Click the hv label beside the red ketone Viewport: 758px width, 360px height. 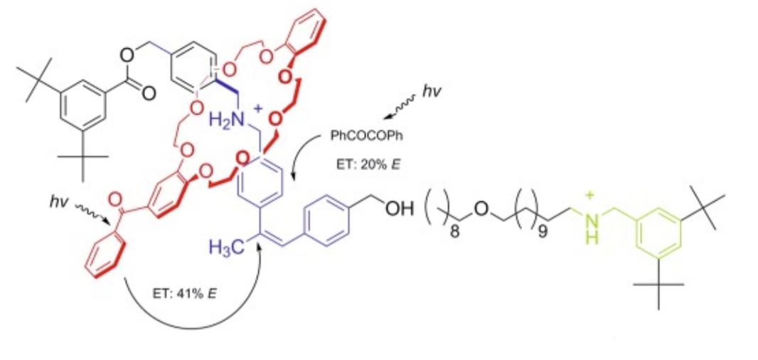point(58,202)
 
